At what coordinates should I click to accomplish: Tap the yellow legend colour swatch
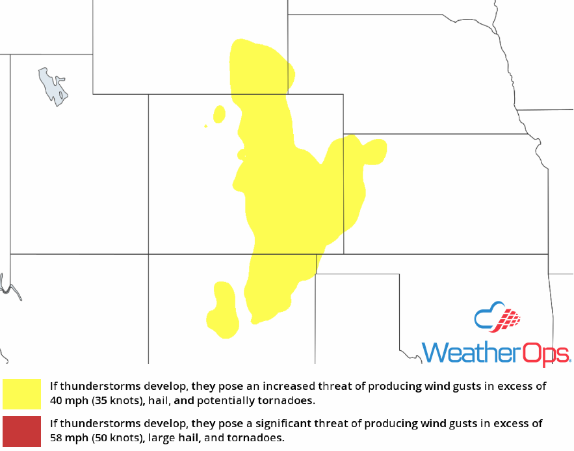pos(21,393)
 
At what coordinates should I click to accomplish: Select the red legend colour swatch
pos(21,430)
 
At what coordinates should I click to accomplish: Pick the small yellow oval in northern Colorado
pos(220,114)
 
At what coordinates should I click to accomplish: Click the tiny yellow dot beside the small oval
pos(206,126)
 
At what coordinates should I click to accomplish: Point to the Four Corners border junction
pos(149,254)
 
